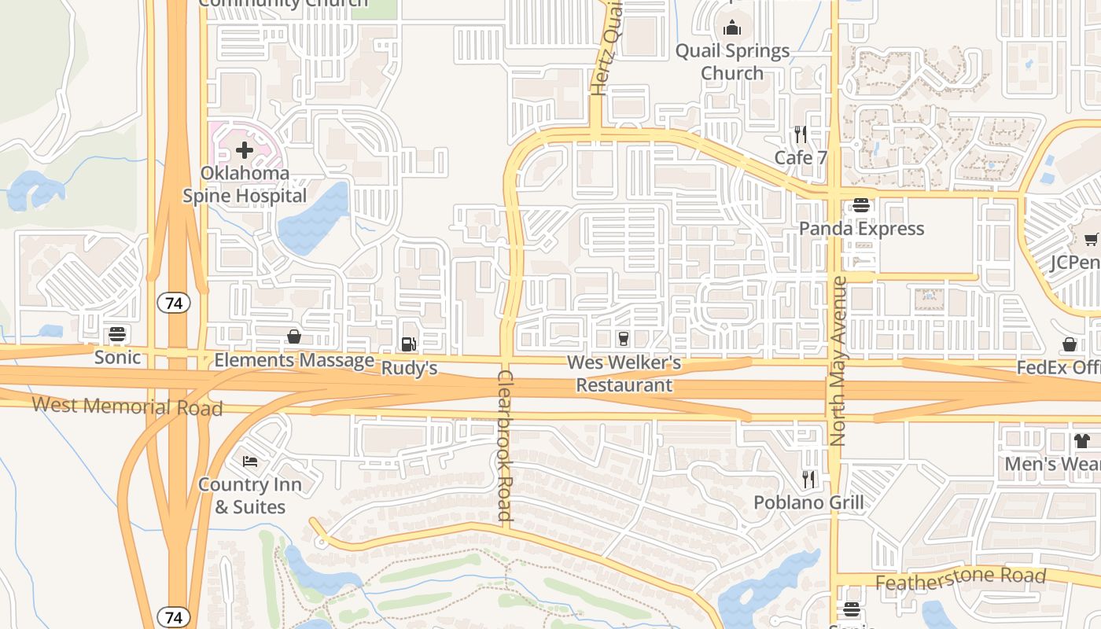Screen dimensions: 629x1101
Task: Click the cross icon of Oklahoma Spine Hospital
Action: (x=245, y=149)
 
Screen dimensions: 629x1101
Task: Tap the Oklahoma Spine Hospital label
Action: (x=245, y=184)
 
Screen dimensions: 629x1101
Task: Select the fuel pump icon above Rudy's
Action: (x=408, y=344)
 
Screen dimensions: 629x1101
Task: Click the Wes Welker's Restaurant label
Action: (x=624, y=374)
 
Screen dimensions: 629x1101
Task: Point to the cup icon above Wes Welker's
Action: (x=624, y=338)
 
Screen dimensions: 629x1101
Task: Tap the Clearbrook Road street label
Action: (x=504, y=446)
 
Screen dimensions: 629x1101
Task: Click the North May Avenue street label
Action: (x=838, y=361)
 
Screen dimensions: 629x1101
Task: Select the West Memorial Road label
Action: (x=127, y=406)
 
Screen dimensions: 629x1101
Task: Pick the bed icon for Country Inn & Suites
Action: (x=250, y=461)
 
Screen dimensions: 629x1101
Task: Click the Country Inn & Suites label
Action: (x=250, y=495)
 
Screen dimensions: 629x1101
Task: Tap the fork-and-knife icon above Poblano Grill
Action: (x=808, y=479)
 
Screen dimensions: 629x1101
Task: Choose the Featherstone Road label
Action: (x=960, y=579)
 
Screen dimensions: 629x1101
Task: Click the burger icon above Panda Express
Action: (x=861, y=205)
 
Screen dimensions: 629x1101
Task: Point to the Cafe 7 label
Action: (x=801, y=157)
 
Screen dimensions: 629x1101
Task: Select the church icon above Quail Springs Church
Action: (x=732, y=28)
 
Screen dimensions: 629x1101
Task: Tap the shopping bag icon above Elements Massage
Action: (x=294, y=337)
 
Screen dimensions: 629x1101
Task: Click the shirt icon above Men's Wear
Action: (x=1082, y=440)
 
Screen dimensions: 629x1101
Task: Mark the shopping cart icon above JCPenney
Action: (x=1092, y=239)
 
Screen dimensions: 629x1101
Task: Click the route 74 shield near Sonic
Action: (x=174, y=303)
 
